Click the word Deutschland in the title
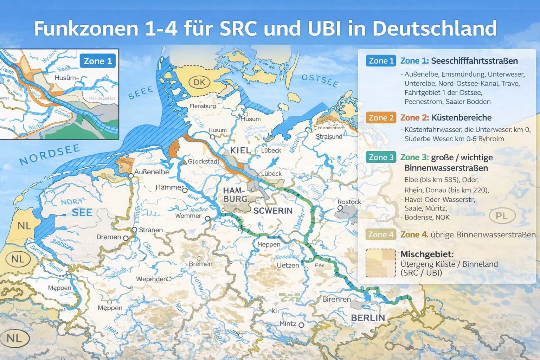click(x=435, y=29)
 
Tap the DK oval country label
click(x=199, y=82)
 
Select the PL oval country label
click(x=502, y=216)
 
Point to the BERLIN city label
click(x=368, y=318)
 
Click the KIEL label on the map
click(x=240, y=150)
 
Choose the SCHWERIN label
click(x=273, y=211)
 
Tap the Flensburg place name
click(x=202, y=106)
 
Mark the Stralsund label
click(x=329, y=136)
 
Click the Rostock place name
click(x=349, y=202)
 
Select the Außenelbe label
click(x=152, y=172)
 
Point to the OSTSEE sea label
click(x=320, y=81)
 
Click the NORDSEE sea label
click(x=50, y=155)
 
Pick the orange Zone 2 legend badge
click(x=381, y=118)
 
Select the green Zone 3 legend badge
click(x=381, y=157)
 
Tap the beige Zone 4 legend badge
click(x=381, y=234)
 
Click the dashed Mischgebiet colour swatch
click(x=381, y=263)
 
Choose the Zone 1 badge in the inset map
click(x=98, y=61)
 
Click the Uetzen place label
click(x=288, y=265)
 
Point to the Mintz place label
click(x=288, y=323)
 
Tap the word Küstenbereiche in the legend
click(x=461, y=118)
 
